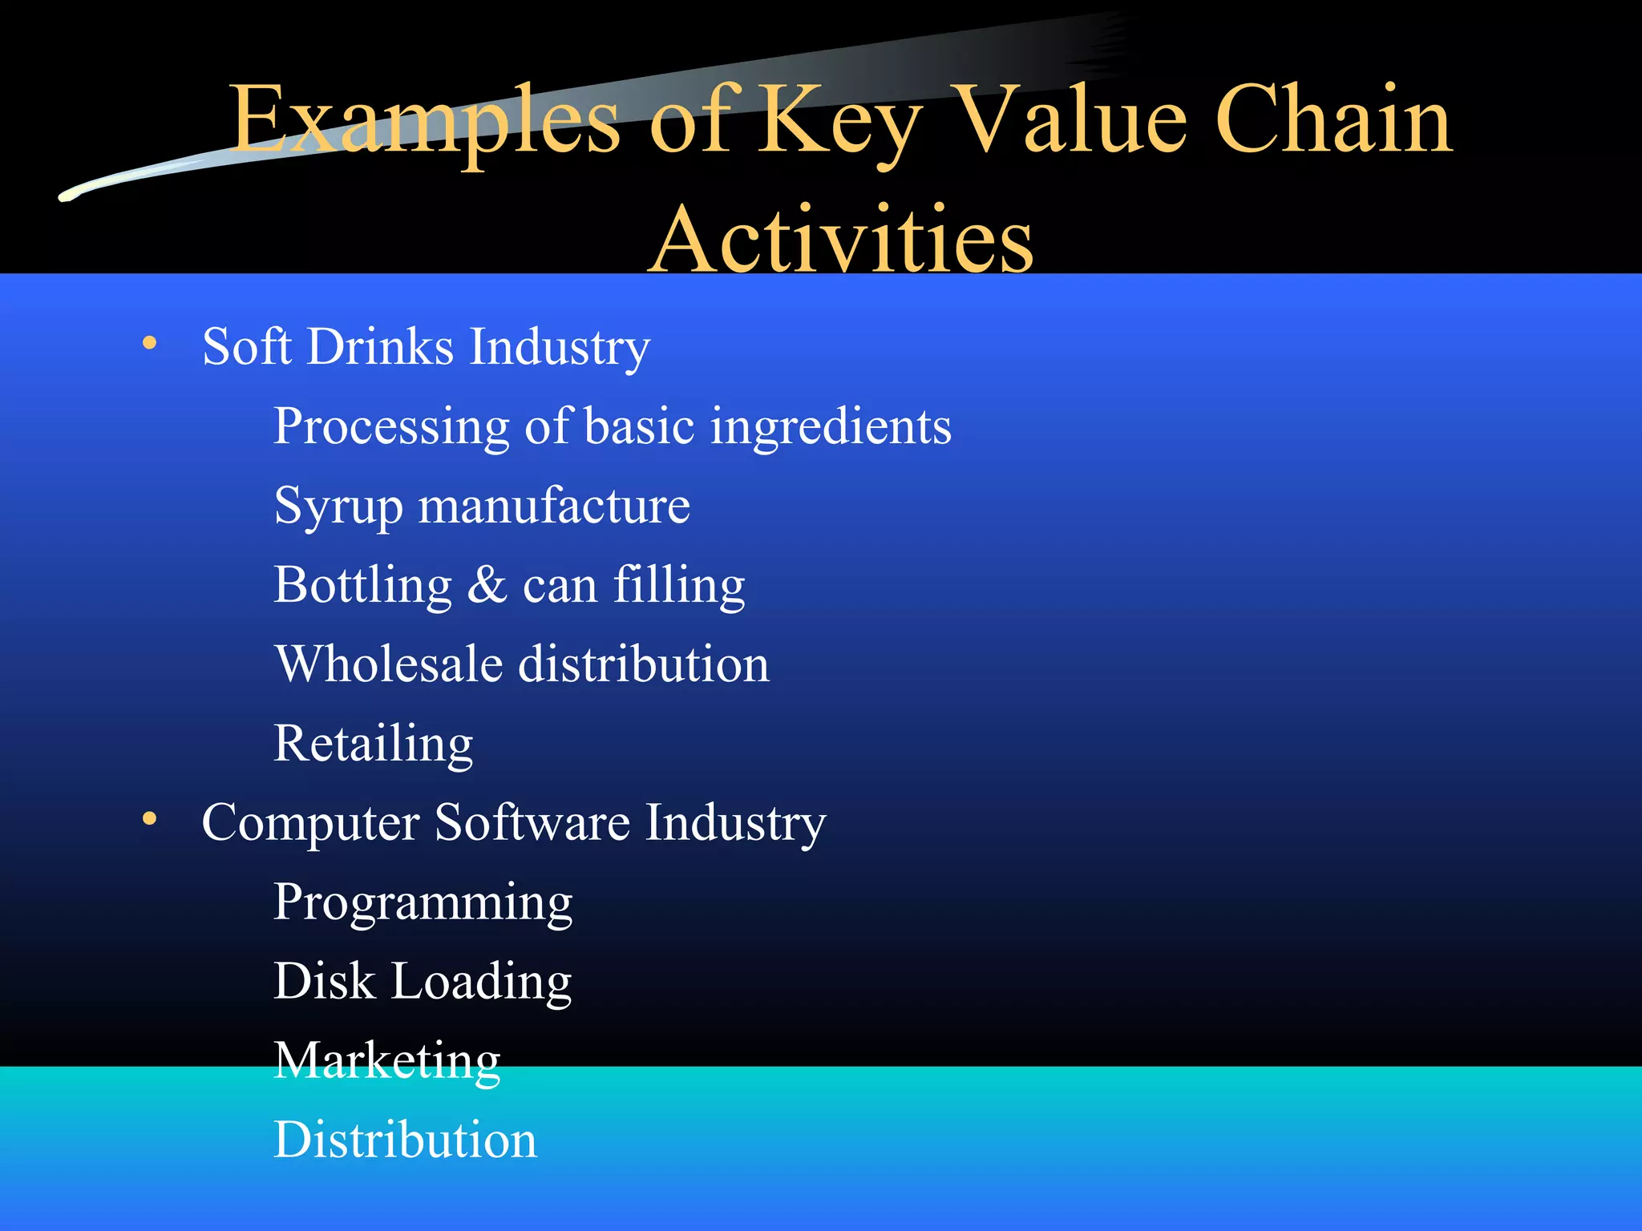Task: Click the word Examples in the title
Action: click(x=424, y=120)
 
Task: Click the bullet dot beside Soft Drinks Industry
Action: click(x=149, y=344)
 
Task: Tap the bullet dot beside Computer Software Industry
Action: click(x=149, y=819)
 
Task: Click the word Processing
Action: click(x=391, y=426)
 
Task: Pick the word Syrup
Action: click(x=338, y=507)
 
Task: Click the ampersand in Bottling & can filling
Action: click(x=487, y=584)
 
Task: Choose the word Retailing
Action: click(x=373, y=744)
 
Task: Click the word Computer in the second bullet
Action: click(x=310, y=823)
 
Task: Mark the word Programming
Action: click(x=423, y=903)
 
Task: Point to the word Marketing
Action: click(x=386, y=1061)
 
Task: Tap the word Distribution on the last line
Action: click(x=405, y=1140)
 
